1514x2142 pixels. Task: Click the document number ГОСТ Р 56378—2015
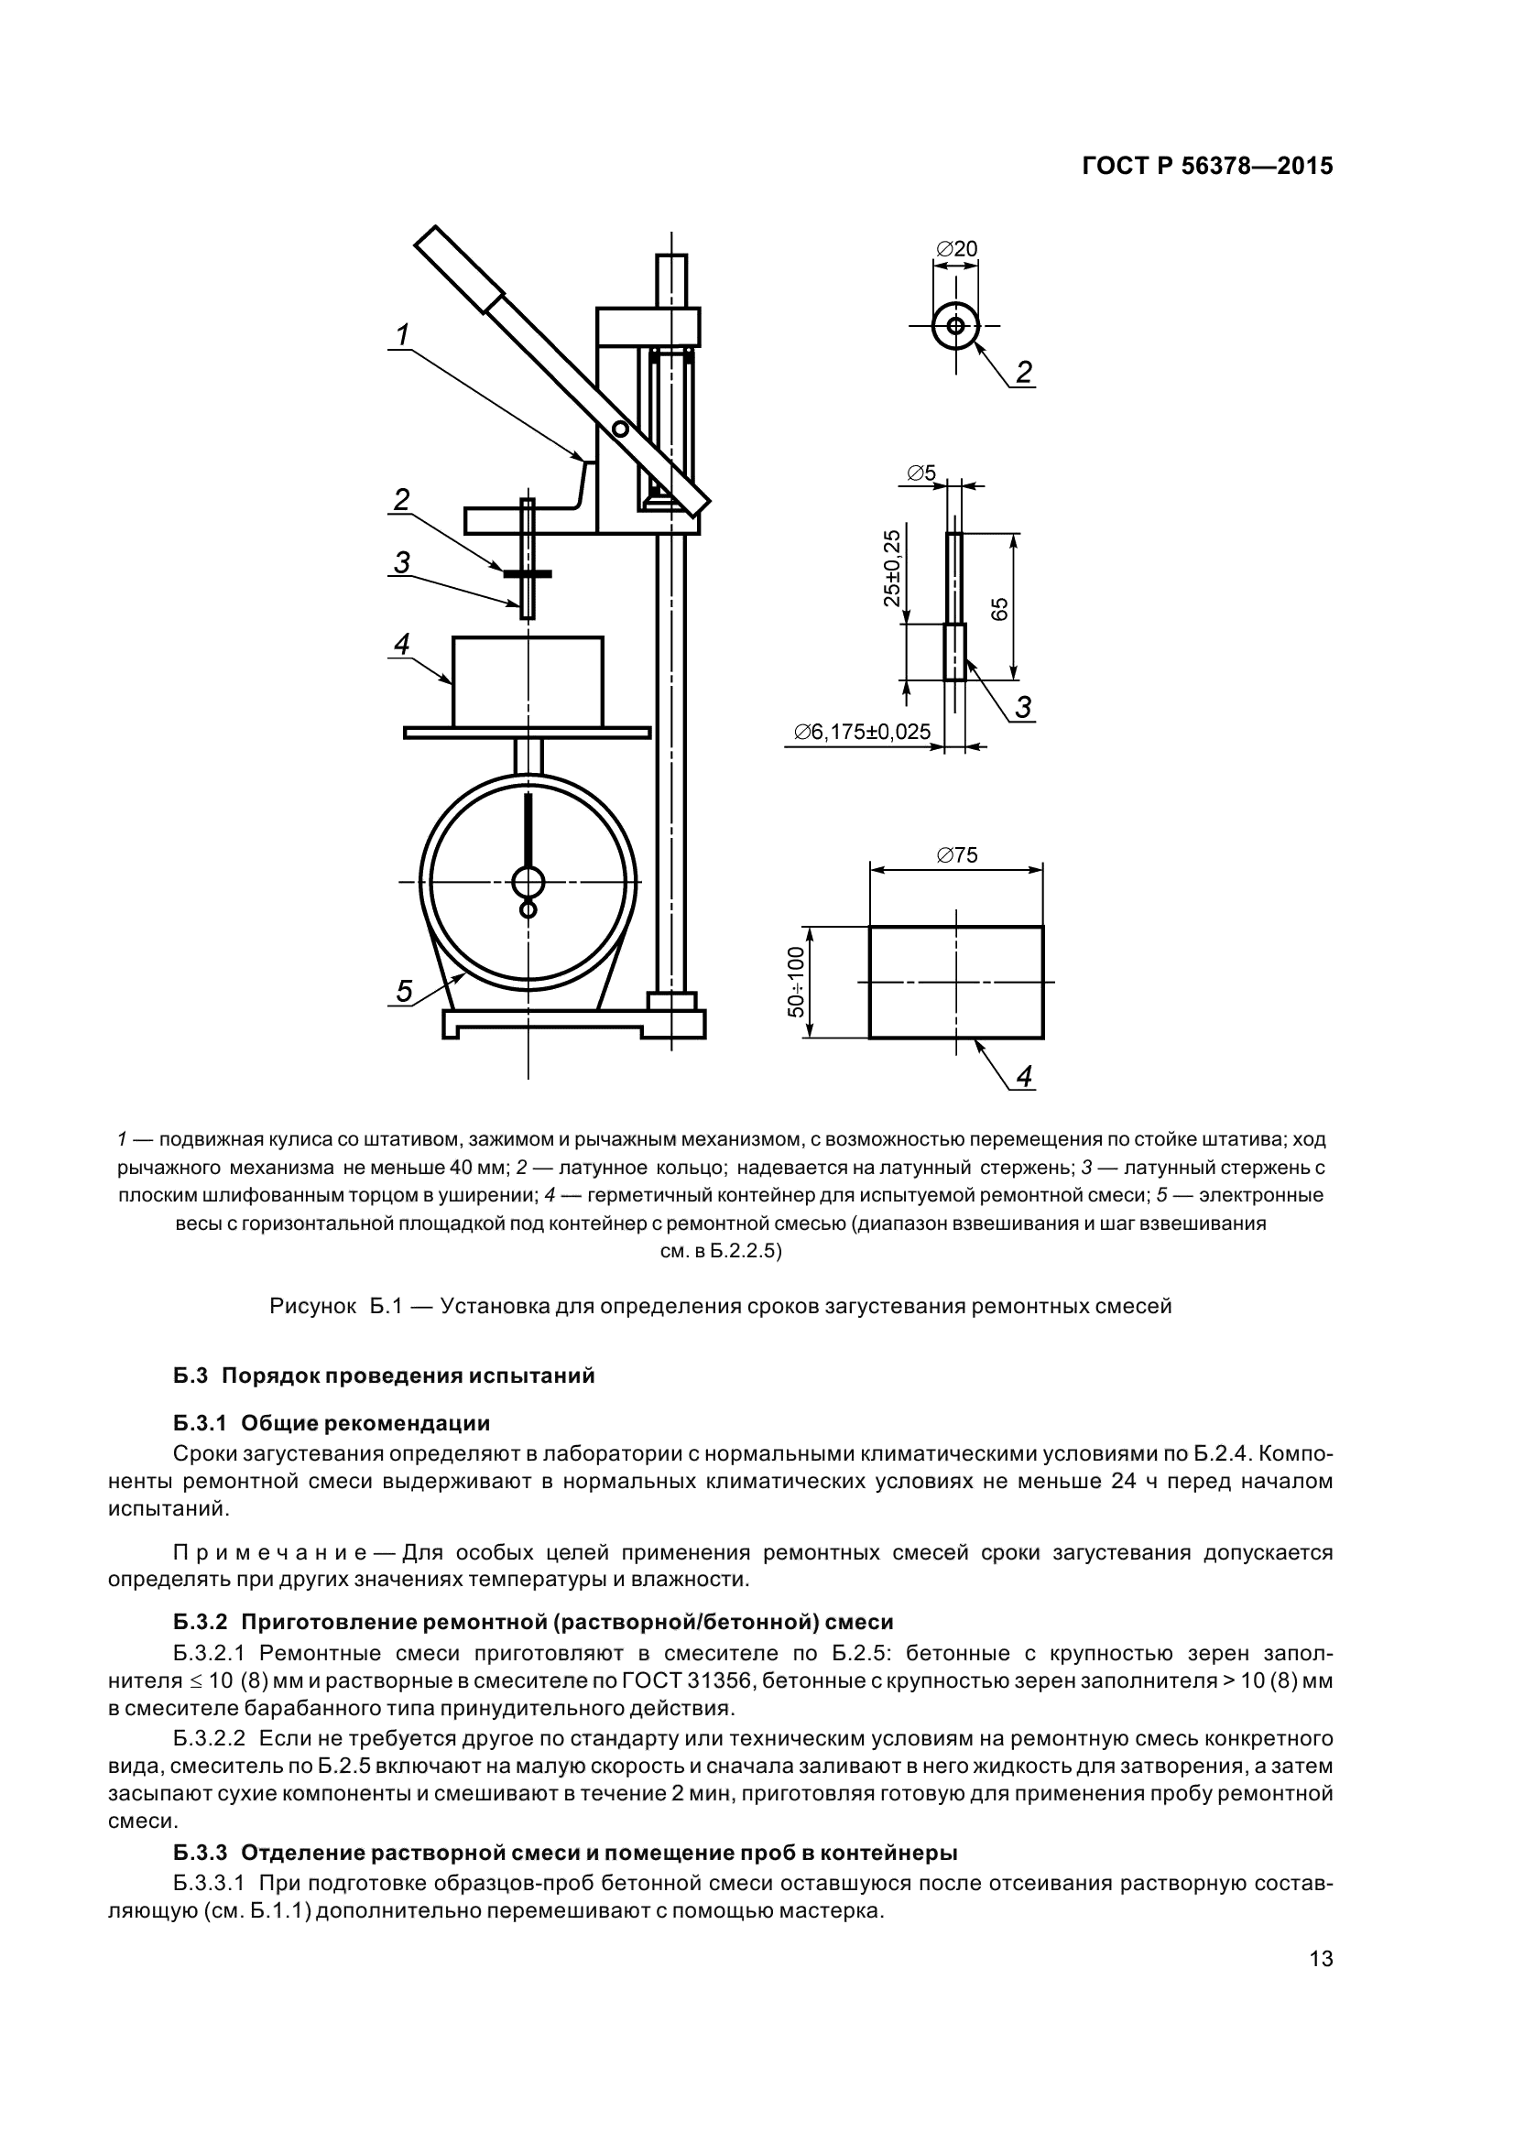tap(1207, 166)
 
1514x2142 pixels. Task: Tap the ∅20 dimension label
tap(956, 249)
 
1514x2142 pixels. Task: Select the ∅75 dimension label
tap(956, 854)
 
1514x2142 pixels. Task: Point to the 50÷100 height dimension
tap(796, 982)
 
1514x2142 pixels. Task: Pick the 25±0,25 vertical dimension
tap(893, 568)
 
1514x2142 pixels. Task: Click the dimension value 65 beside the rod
tap(999, 608)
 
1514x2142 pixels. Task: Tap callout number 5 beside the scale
tap(403, 992)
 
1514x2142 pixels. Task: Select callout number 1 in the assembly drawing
tap(403, 335)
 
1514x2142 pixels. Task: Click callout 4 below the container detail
tap(1024, 1077)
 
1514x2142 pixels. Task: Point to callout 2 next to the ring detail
tap(1024, 372)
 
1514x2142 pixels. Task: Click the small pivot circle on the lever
tap(619, 429)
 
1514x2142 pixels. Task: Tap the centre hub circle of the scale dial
tap(528, 882)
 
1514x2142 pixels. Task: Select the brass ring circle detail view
tap(956, 326)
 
